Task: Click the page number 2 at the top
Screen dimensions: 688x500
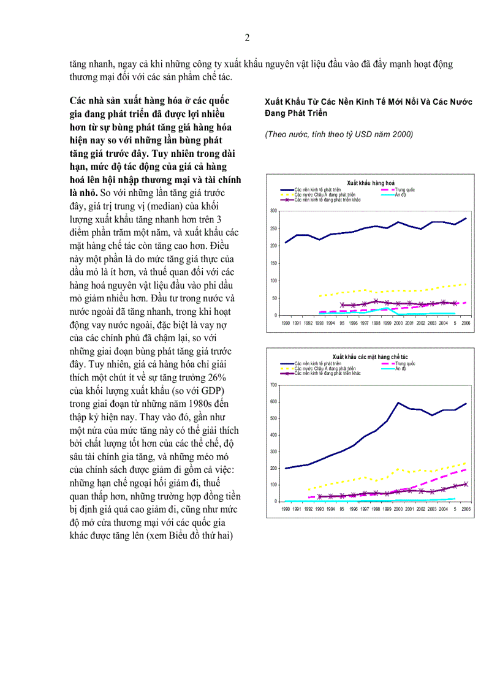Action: click(247, 37)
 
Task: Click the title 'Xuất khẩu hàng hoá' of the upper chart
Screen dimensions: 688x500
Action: click(370, 183)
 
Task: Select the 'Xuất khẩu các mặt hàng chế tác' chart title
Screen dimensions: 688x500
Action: click(369, 357)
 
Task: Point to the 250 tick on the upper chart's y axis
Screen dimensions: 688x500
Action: click(274, 228)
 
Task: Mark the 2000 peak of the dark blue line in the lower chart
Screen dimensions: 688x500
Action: click(399, 403)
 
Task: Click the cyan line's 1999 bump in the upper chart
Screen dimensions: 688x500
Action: click(388, 308)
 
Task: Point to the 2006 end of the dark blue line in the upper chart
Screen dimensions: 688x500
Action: click(466, 218)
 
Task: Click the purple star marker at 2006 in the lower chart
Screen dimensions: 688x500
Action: click(466, 484)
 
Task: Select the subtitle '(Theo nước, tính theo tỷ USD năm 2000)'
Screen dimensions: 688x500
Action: click(339, 135)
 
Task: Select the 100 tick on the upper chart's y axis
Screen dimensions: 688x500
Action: click(274, 281)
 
